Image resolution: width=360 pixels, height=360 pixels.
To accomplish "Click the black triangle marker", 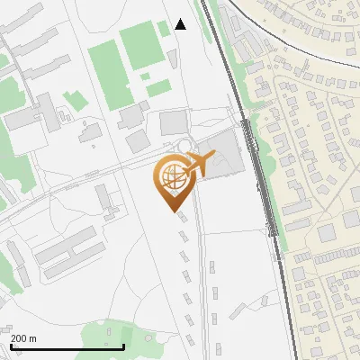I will (180, 24).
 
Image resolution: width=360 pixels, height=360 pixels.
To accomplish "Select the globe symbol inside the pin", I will (172, 178).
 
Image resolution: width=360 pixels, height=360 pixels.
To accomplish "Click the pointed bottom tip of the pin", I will (175, 211).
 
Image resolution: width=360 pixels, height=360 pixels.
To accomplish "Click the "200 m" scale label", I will (23, 338).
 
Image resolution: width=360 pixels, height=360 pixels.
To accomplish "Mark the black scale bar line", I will (67, 346).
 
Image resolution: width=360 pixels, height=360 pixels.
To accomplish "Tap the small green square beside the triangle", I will (163, 29).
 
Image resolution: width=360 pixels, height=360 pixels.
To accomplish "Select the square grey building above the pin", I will (173, 122).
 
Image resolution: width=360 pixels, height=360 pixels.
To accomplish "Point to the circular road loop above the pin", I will (185, 146).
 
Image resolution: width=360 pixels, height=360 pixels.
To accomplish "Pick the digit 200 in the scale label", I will (18, 338).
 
